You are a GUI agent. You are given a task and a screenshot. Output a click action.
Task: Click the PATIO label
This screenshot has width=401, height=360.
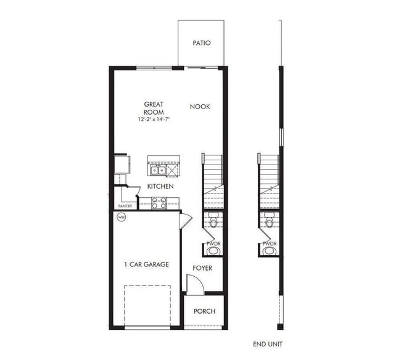201,43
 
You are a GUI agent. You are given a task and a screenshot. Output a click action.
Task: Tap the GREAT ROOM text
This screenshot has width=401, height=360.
154,108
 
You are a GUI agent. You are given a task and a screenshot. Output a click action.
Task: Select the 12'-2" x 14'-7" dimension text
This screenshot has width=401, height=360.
154,120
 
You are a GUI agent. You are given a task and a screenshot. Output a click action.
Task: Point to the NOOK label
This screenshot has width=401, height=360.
200,107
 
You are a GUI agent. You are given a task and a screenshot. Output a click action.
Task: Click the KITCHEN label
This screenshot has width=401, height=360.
160,186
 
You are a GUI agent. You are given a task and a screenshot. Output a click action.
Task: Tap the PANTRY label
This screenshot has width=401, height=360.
125,206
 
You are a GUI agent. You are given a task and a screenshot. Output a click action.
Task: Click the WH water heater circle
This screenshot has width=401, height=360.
121,217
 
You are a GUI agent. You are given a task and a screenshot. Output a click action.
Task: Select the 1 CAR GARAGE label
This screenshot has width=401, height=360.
146,264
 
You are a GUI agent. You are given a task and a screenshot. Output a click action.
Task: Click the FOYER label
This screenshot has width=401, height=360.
202,268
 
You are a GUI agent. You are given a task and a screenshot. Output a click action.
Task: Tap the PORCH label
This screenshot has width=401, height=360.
204,311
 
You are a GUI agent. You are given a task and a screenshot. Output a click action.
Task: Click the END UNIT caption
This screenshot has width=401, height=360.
268,344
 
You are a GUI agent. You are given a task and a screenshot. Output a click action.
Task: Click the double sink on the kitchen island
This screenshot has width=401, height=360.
157,170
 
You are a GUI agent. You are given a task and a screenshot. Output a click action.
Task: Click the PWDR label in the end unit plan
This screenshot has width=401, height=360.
269,243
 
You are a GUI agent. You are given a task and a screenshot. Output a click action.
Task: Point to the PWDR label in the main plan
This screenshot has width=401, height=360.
213,243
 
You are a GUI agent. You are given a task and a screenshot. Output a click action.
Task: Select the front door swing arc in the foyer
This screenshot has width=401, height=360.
194,284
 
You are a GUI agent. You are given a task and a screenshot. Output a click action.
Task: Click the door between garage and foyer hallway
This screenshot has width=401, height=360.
184,221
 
